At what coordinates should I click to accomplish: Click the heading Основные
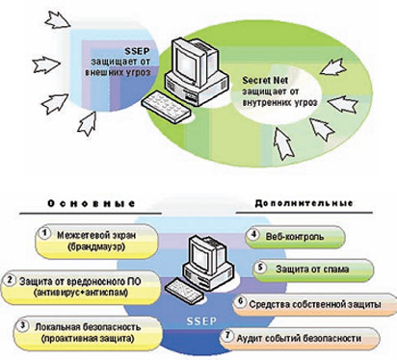pos(92,203)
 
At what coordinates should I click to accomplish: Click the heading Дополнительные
pos(304,203)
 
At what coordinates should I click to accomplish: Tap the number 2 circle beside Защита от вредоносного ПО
pos(10,280)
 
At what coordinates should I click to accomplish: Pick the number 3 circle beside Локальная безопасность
pos(22,325)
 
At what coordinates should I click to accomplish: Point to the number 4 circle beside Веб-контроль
pos(253,234)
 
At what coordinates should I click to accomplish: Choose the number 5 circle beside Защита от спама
pos(260,268)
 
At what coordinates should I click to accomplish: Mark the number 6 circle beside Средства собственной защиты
pos(241,301)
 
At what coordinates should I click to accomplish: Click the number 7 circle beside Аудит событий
pos(228,336)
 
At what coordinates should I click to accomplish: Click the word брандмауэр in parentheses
pos(96,247)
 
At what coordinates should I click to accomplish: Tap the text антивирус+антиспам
pos(81,293)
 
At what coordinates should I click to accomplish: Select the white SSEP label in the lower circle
pos(201,321)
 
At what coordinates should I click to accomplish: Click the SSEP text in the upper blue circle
pos(138,51)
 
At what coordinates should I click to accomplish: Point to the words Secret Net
pos(265,80)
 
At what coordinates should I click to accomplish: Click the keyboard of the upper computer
pos(166,107)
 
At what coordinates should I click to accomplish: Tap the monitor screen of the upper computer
pos(186,64)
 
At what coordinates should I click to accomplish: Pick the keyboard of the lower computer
pos(185,290)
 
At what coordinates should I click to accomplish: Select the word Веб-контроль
pos(295,237)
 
